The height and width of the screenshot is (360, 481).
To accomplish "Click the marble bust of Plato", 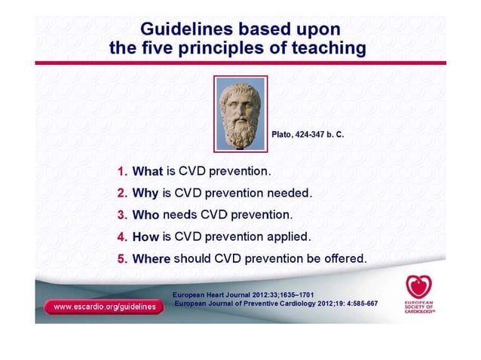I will coord(239,112).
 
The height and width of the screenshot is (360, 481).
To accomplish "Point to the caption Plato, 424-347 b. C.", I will coord(307,134).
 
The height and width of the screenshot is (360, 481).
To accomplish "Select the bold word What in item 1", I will coord(148,171).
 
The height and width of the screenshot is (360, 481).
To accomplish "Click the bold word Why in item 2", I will coord(146,193).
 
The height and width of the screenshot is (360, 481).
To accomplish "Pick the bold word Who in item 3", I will coord(146,215).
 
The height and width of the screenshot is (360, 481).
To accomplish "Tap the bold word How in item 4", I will coord(146,236).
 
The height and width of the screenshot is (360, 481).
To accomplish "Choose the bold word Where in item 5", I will coord(152,258).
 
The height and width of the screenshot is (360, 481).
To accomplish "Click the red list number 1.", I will coord(122,171).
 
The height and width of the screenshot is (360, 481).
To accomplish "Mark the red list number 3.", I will coord(122,215).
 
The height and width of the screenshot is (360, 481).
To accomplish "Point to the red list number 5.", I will coord(122,258).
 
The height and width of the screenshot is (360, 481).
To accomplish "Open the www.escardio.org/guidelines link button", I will coord(104,307).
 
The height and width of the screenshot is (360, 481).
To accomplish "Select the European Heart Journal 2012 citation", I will coord(243,294).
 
